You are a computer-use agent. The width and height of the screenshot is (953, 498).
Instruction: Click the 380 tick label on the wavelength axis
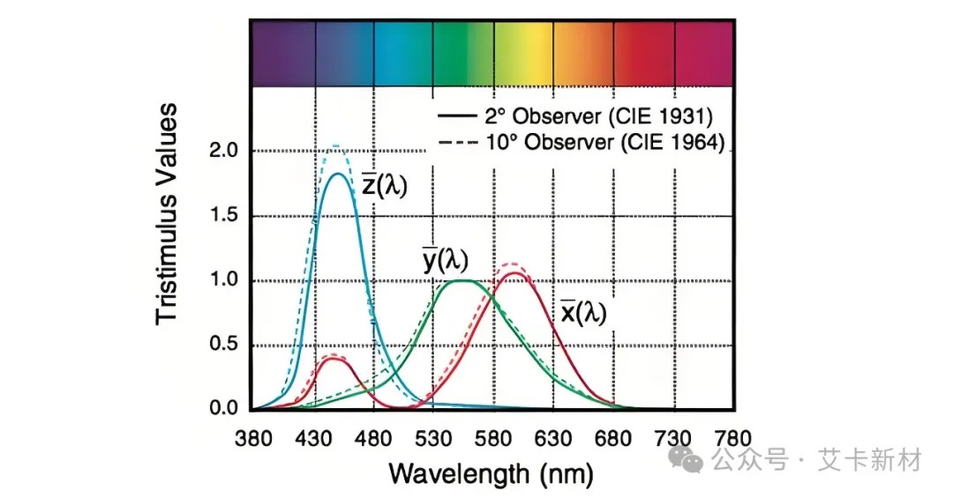point(253,438)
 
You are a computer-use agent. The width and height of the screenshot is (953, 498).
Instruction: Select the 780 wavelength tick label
point(734,438)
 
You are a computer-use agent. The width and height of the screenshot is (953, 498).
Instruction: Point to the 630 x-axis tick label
point(554,438)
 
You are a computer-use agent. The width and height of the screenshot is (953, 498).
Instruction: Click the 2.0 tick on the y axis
point(224,151)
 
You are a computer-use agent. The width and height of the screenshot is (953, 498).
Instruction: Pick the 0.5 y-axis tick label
point(224,345)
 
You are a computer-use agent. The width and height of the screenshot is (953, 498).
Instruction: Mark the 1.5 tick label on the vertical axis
point(224,216)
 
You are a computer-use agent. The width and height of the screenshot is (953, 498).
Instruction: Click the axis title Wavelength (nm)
point(492,473)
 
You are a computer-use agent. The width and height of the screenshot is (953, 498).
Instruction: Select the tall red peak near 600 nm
point(515,273)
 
